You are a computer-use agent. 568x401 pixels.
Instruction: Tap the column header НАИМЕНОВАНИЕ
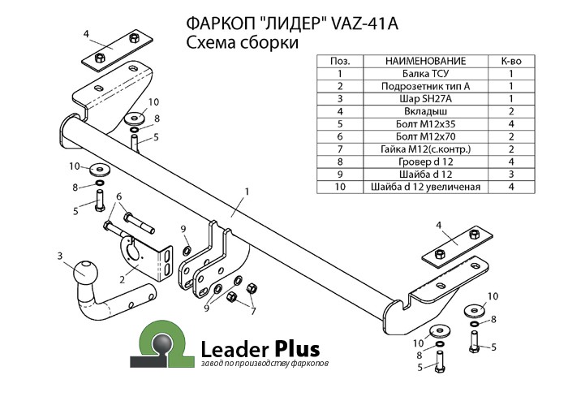(425, 61)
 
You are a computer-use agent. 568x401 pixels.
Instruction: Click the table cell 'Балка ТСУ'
(425, 73)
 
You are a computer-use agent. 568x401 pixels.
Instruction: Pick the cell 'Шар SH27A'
(425, 98)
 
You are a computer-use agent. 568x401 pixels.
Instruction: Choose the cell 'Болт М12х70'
(425, 136)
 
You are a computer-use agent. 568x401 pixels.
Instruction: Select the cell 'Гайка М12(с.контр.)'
(425, 149)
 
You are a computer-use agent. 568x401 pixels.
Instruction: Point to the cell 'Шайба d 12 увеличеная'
(425, 187)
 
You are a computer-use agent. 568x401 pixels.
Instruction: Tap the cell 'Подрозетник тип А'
(425, 86)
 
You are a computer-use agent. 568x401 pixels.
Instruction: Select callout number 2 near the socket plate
(123, 279)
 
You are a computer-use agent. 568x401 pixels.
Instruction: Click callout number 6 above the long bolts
(118, 196)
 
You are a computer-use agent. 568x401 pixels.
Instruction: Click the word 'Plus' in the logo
(295, 347)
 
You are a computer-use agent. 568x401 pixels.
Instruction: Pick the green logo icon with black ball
(166, 344)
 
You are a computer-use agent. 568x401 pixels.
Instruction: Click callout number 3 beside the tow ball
(60, 257)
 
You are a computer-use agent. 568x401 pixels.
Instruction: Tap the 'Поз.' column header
(339, 61)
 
